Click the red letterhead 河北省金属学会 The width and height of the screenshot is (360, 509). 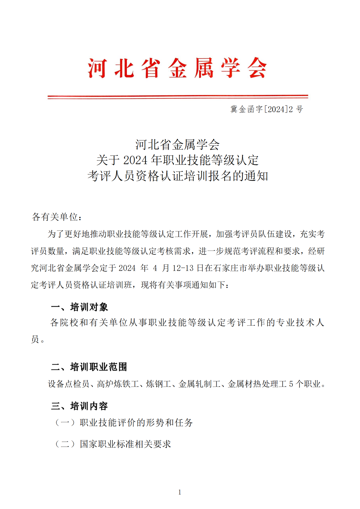tap(177, 68)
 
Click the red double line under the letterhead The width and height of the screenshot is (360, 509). tap(178, 97)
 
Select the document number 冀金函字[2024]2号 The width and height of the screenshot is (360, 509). tap(266, 109)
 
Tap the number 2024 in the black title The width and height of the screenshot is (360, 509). tap(135, 160)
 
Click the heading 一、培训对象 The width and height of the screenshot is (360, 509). tap(79, 307)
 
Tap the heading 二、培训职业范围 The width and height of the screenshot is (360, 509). tap(89, 367)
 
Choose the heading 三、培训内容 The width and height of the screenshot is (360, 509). tap(79, 406)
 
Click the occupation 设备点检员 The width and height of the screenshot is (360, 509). tap(69, 384)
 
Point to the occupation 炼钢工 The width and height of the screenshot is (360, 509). tap(158, 384)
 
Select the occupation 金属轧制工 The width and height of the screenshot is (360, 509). tap(199, 384)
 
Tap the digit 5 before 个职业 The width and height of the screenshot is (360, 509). tap(291, 384)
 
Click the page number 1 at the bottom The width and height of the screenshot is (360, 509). tap(180, 492)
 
